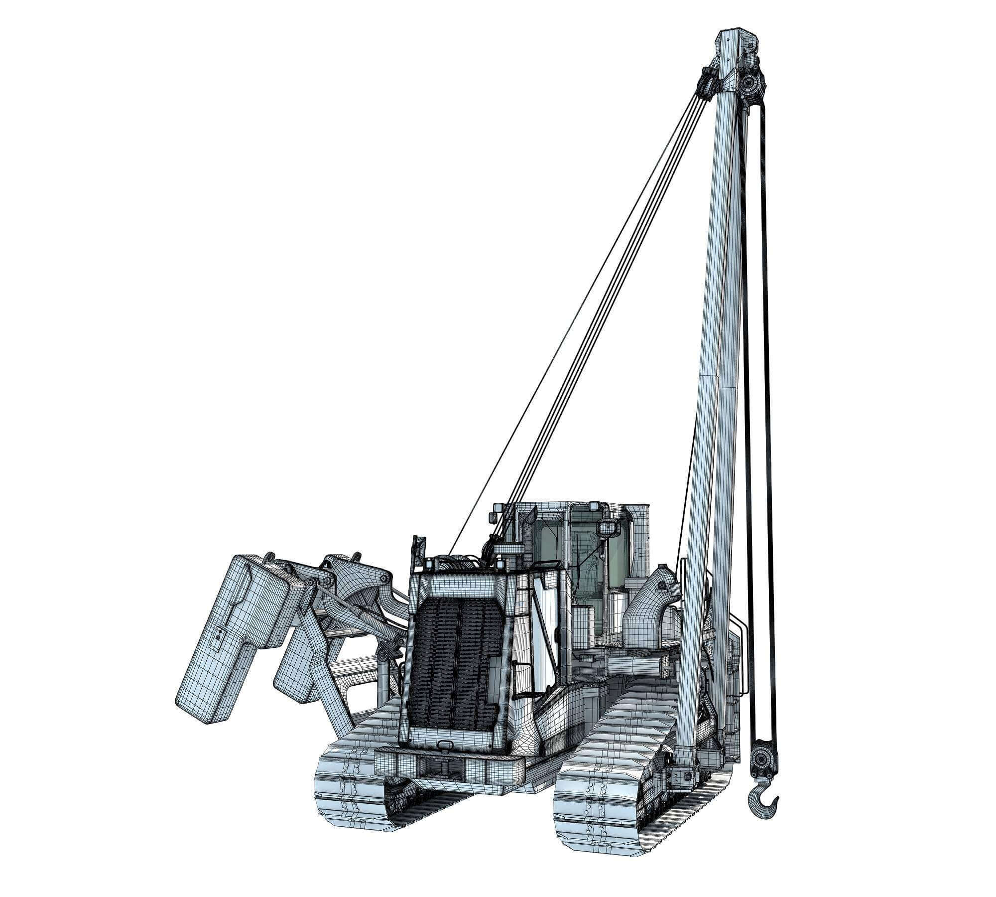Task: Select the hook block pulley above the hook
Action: click(x=762, y=759)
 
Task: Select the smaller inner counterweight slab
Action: click(x=299, y=663)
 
